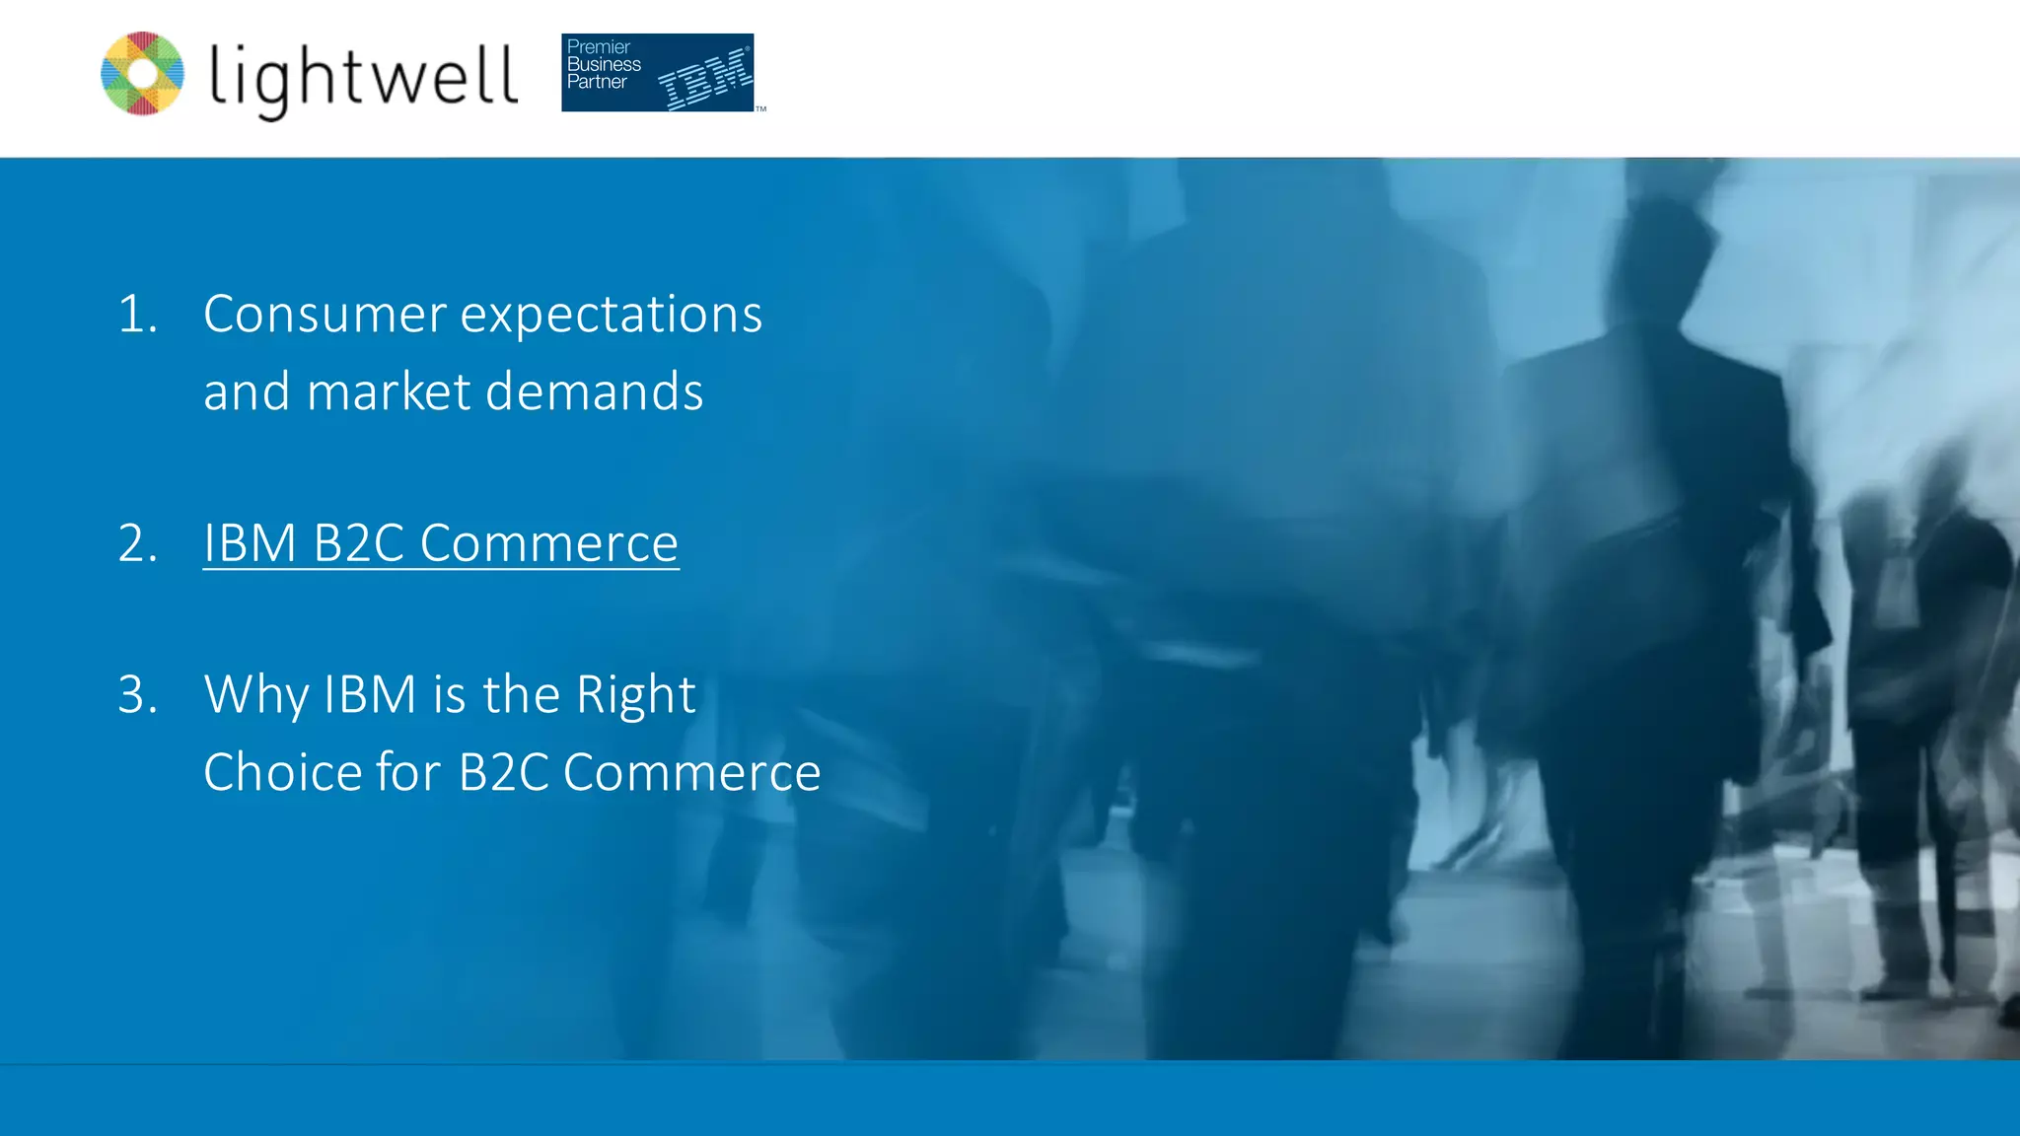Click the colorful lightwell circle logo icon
pyautogui.click(x=142, y=74)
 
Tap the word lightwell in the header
pyautogui.click(x=363, y=78)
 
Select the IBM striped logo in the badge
pyautogui.click(x=705, y=78)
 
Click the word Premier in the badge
pyautogui.click(x=598, y=46)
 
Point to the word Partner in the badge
pyautogui.click(x=597, y=82)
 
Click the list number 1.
pyautogui.click(x=137, y=315)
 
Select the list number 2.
pyautogui.click(x=137, y=543)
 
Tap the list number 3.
pyautogui.click(x=137, y=694)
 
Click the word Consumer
pyautogui.click(x=325, y=315)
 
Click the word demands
pyautogui.click(x=595, y=391)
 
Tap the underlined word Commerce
pyautogui.click(x=549, y=543)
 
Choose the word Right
pyautogui.click(x=636, y=695)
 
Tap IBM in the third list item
pyautogui.click(x=370, y=694)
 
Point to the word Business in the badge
pyautogui.click(x=604, y=64)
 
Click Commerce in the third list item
pyautogui.click(x=691, y=772)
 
